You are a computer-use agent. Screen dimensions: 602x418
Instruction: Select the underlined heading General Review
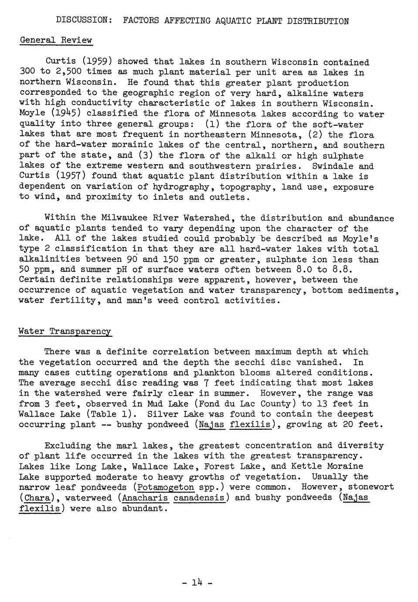[x=56, y=40]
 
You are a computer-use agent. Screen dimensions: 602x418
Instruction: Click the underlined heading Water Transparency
[x=65, y=332]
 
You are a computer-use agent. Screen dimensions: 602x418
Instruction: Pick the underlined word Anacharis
[x=145, y=498]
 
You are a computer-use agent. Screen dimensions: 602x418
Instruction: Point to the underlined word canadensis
[x=199, y=498]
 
